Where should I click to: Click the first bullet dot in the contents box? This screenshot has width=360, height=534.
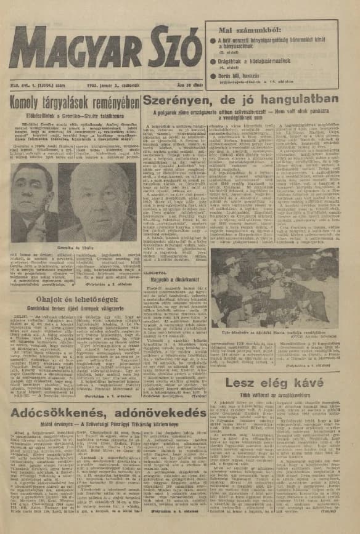click(x=212, y=41)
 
